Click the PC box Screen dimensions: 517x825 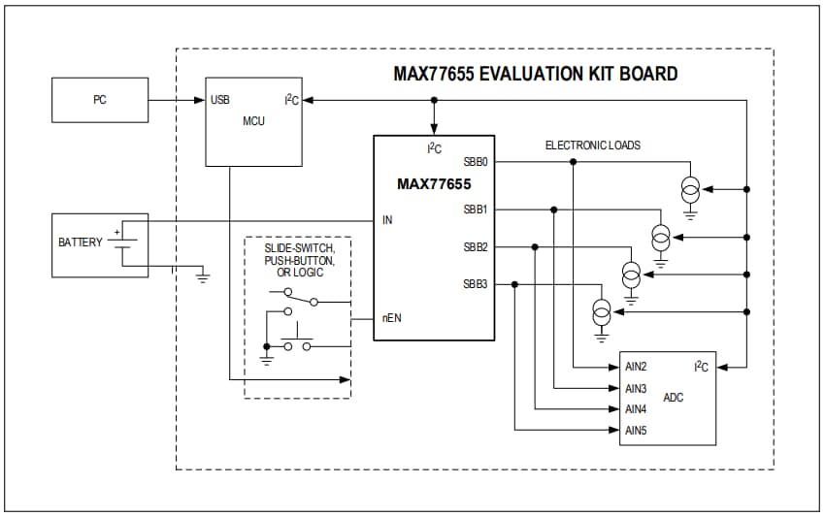coord(100,100)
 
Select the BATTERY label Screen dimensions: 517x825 coord(80,242)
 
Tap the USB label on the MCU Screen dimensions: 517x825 coord(220,100)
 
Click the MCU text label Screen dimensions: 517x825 coord(253,121)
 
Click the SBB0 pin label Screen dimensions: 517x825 coord(476,162)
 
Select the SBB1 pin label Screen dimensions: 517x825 coord(476,210)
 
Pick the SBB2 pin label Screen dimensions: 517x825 coord(476,247)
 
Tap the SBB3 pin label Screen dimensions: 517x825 coord(476,284)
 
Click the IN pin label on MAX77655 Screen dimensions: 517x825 coord(387,220)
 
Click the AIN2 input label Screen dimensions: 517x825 coord(636,368)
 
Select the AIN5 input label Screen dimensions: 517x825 coord(636,430)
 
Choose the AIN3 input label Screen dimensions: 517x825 coord(636,389)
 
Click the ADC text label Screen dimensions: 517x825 coord(673,398)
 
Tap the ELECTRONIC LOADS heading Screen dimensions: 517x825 coord(593,145)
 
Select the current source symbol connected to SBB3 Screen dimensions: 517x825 coord(602,312)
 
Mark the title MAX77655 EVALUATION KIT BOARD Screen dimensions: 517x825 coord(535,74)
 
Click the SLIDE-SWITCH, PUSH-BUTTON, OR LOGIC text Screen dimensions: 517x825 coord(298,260)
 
